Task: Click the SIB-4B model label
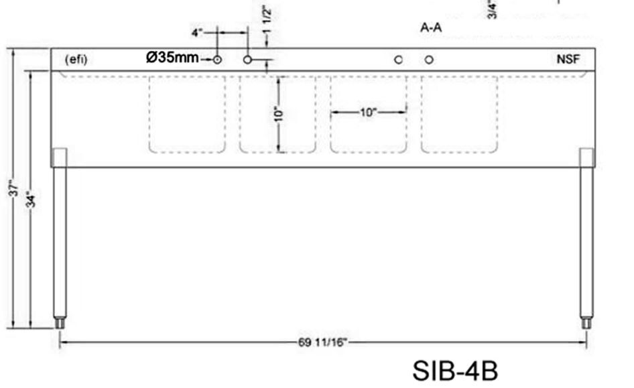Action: pyautogui.click(x=455, y=370)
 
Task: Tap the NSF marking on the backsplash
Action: pyautogui.click(x=568, y=60)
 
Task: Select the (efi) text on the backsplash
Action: pyautogui.click(x=76, y=60)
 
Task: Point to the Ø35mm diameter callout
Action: pyautogui.click(x=172, y=58)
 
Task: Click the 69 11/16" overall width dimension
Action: pyautogui.click(x=322, y=342)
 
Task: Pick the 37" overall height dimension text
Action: pyautogui.click(x=13, y=188)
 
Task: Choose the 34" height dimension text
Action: pyautogui.click(x=31, y=199)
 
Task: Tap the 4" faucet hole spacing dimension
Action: pyautogui.click(x=196, y=32)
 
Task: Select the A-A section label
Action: pyautogui.click(x=431, y=27)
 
